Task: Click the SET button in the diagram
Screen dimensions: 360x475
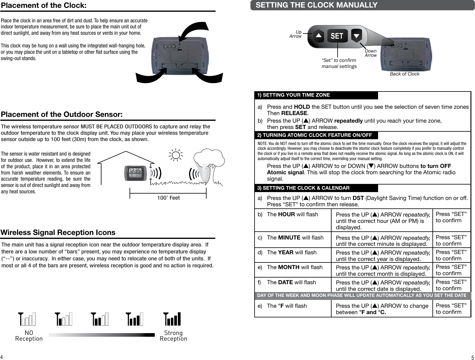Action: click(x=337, y=36)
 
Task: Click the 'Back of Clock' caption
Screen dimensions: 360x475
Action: click(x=404, y=74)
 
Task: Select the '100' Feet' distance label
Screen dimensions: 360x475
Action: click(x=168, y=198)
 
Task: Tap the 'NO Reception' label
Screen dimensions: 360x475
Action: click(x=29, y=336)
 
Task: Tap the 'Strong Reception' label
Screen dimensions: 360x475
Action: click(x=173, y=336)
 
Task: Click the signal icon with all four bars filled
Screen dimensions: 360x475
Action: click(x=172, y=319)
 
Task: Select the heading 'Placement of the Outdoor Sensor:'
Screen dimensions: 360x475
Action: click(x=62, y=115)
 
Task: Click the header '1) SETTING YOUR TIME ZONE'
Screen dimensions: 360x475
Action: click(x=294, y=95)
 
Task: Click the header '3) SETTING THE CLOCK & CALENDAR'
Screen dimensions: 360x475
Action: click(x=303, y=188)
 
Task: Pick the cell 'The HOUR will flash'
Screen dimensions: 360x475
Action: click(x=292, y=214)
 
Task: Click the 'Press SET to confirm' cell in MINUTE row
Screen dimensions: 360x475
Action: click(x=451, y=240)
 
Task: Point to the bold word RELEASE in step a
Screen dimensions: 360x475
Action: click(x=294, y=114)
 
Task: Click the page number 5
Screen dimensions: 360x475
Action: click(x=472, y=358)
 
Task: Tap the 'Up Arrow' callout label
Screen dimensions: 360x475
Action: click(x=296, y=34)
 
